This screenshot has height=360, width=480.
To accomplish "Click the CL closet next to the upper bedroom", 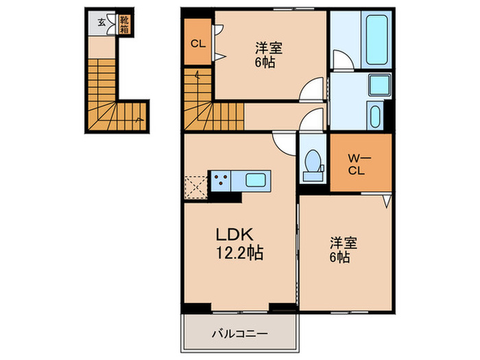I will (198, 43).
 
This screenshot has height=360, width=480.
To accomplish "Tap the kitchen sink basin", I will (259, 181).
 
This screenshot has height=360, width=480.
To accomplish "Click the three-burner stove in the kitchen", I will (221, 181).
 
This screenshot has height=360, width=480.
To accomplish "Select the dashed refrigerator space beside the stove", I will (195, 186).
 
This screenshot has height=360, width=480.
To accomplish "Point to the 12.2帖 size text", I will (237, 252).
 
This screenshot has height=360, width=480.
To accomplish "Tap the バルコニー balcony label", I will (239, 334).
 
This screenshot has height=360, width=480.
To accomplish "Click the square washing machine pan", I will (379, 86).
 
